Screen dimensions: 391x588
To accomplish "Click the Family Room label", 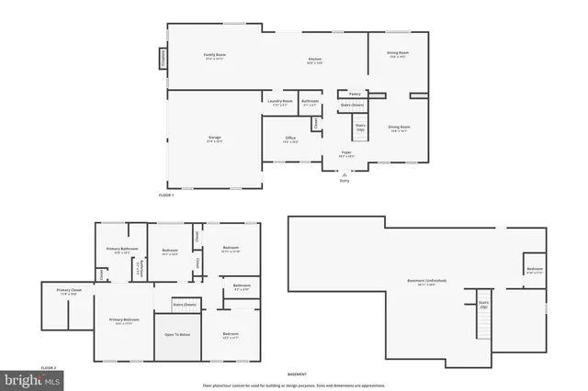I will point(214,55).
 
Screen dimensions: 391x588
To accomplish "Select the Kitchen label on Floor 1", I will point(314,61).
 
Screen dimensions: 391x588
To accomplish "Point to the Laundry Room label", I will point(280,101).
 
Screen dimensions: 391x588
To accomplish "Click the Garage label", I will point(214,138).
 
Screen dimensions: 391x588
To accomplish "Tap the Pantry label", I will point(354,94).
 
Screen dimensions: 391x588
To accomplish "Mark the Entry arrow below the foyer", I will point(345,174).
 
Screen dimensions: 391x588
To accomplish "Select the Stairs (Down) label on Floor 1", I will point(352,105).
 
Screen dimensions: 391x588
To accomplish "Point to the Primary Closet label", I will point(68,290).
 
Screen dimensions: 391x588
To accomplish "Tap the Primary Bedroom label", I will point(122,319).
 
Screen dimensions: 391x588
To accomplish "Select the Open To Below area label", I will point(177,334).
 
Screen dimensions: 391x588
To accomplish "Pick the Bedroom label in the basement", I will point(535,269).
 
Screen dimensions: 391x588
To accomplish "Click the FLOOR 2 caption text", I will point(49,366).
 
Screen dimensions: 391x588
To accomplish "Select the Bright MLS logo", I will point(32,378).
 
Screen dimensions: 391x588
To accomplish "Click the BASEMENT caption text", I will point(297,374).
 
